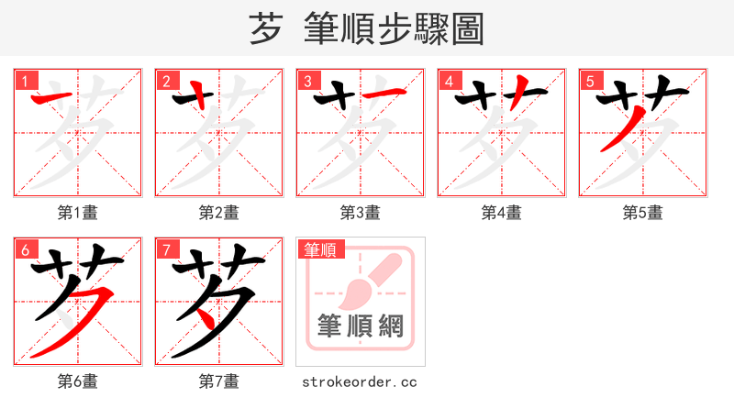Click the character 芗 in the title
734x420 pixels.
pos(265,29)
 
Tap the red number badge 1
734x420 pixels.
pos(24,81)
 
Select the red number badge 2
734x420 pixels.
pos(165,81)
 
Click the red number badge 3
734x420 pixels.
pos(306,81)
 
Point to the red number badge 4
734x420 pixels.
pos(448,81)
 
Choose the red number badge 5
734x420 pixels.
pos(589,81)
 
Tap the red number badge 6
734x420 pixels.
pos(24,249)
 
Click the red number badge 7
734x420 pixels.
pos(165,249)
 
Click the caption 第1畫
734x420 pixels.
pos(78,213)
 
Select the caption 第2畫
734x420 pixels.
pos(219,213)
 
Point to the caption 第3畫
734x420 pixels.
pos(361,213)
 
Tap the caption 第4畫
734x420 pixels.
pos(502,213)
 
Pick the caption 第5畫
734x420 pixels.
pos(643,213)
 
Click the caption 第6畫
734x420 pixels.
pos(78,381)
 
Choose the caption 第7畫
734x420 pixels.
pos(219,381)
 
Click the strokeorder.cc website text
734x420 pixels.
pos(360,381)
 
